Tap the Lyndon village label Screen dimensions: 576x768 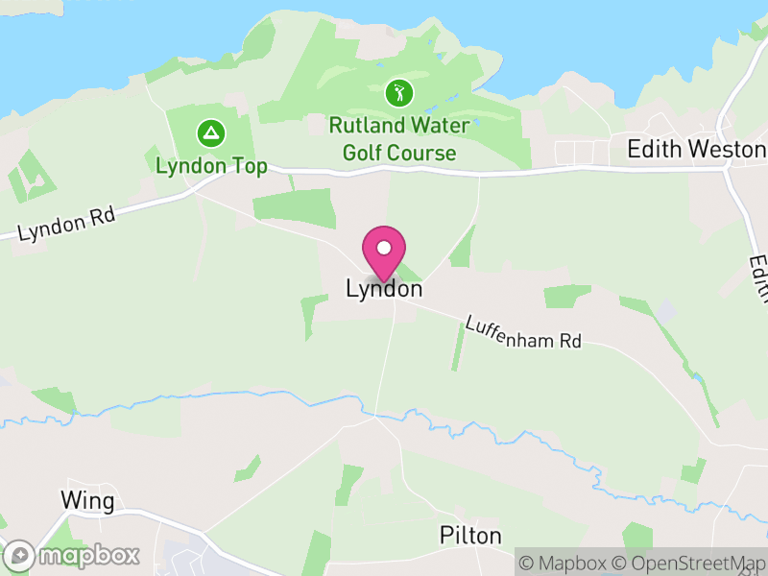click(x=384, y=289)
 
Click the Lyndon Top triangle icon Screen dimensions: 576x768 click(x=209, y=132)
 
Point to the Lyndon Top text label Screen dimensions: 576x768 click(x=211, y=166)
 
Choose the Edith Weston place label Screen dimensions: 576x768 click(x=696, y=149)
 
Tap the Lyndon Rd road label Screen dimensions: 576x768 click(x=66, y=224)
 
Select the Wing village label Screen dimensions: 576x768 click(x=87, y=500)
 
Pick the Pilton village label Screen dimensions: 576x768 click(x=470, y=535)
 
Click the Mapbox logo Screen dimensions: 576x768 click(x=72, y=555)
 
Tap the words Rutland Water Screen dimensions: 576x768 click(x=399, y=126)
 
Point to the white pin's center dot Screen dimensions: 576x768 click(x=384, y=248)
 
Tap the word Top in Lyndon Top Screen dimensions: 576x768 click(x=249, y=166)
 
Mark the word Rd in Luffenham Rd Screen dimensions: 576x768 click(x=570, y=341)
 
